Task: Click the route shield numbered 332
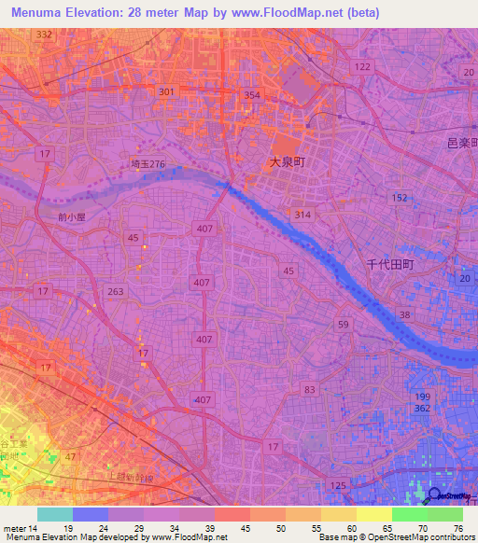click(44, 35)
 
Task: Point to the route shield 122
click(363, 67)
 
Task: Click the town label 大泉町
click(288, 162)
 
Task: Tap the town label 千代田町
click(389, 265)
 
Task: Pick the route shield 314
click(302, 215)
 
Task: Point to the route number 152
click(400, 198)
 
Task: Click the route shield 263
click(116, 291)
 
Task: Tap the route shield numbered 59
click(344, 325)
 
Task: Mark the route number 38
click(403, 315)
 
